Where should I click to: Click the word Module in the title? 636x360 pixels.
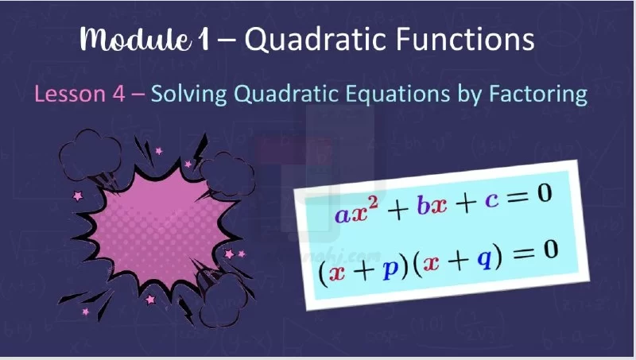coord(135,39)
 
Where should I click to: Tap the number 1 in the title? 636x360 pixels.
coord(204,40)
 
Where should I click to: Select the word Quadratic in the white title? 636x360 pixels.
coord(316,39)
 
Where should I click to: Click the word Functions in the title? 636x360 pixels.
coord(465,39)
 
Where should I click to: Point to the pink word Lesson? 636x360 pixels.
coord(70,94)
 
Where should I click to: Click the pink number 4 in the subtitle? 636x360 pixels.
coord(118,94)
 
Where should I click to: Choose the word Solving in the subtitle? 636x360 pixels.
coord(188,95)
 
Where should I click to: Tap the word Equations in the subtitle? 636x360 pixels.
coord(397,94)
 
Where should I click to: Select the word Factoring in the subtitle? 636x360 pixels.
coord(538,95)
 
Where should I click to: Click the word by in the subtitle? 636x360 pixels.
coord(469,95)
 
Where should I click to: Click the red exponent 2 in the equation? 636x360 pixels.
coord(373,202)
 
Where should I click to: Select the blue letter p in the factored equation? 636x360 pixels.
coord(390,269)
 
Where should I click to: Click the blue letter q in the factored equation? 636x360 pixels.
coord(484,258)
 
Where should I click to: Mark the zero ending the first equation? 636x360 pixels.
coord(545,193)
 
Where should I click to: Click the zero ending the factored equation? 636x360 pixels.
coord(551,250)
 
